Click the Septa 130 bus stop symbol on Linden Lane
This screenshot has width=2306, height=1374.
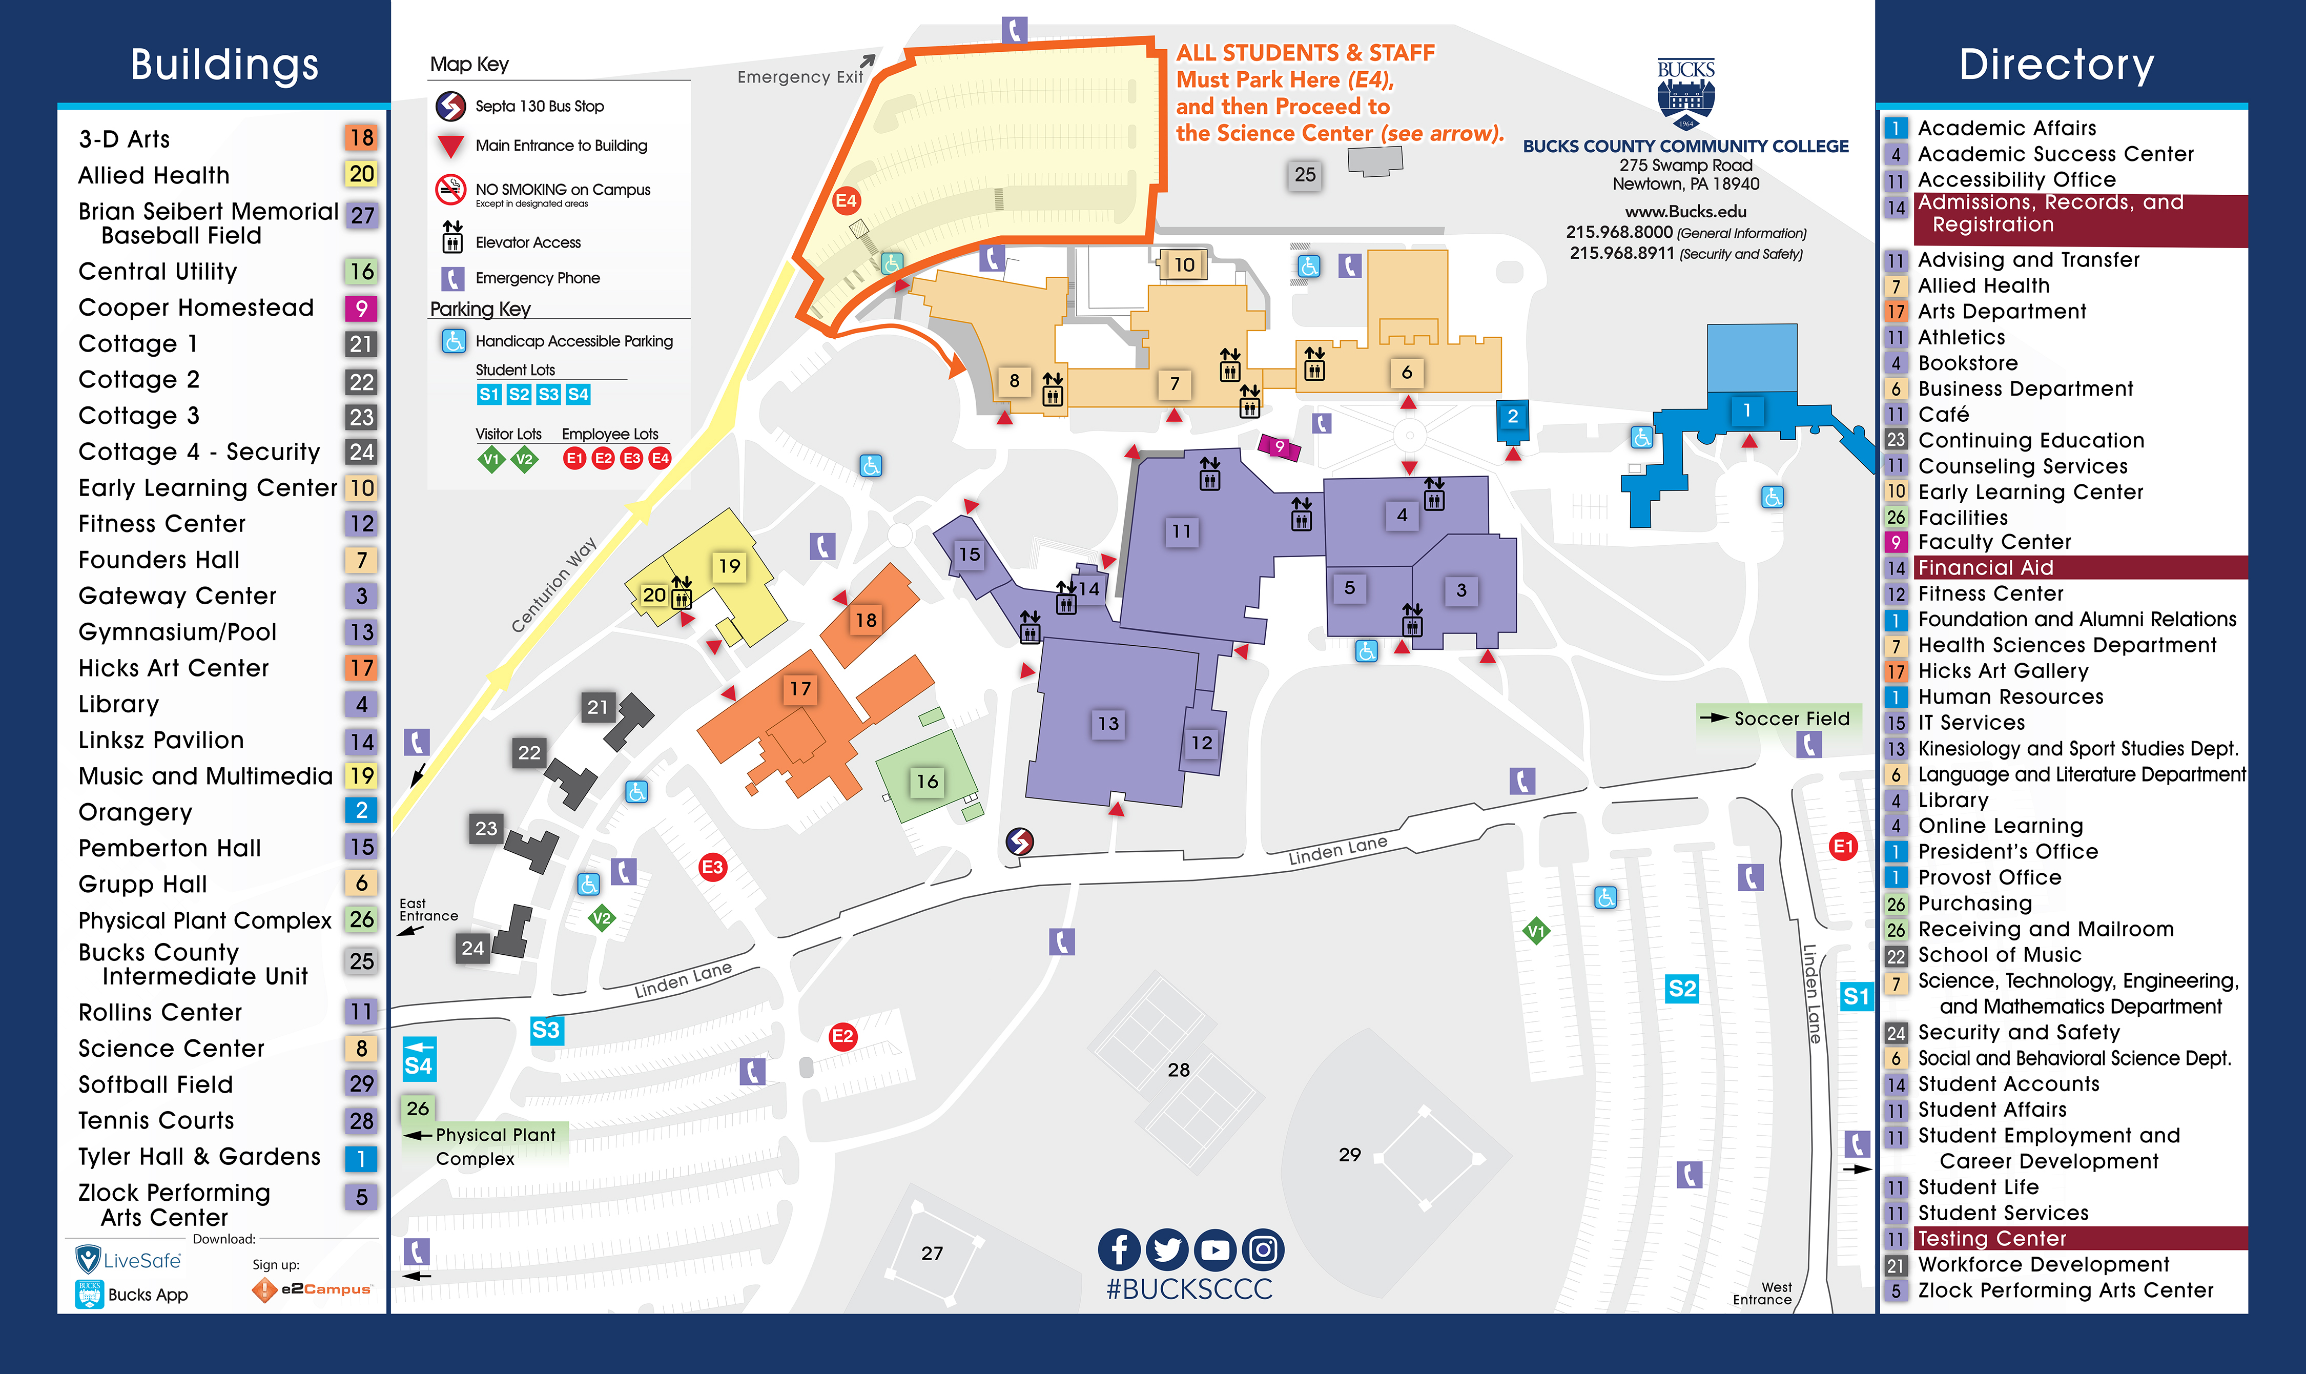click(x=1019, y=840)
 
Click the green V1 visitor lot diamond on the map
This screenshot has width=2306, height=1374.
click(x=1536, y=931)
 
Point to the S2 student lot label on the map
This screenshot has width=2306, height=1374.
click(x=1681, y=989)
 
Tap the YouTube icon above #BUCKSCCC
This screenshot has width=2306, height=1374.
click(x=1214, y=1250)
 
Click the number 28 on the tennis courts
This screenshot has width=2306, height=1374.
click(x=1179, y=1070)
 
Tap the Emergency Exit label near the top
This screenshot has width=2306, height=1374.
click(x=800, y=77)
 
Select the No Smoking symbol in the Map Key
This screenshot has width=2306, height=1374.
click(x=451, y=190)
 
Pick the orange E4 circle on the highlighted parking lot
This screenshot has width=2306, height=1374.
click(x=846, y=200)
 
